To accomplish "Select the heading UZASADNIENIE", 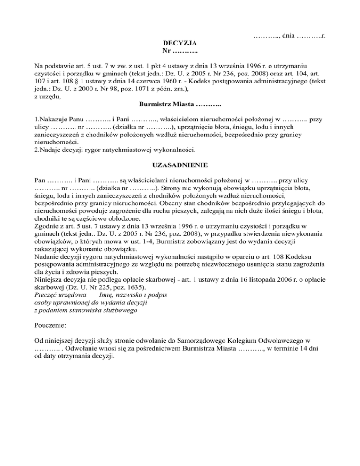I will (180, 165).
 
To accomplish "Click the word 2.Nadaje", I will (49, 150).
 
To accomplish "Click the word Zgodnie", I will (48, 226).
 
